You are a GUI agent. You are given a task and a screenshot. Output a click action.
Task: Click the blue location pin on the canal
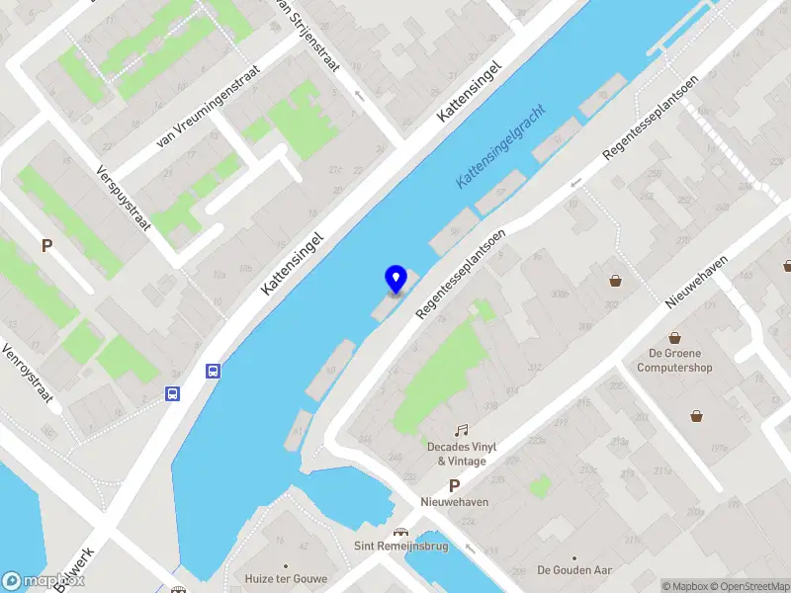(x=395, y=280)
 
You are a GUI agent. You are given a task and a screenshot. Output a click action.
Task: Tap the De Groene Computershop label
(x=674, y=361)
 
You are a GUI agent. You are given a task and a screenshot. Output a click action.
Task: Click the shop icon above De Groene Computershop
(x=674, y=338)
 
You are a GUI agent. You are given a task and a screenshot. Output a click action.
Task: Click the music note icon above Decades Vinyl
(x=461, y=430)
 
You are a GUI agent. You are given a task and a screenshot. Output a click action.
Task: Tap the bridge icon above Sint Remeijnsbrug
(x=399, y=531)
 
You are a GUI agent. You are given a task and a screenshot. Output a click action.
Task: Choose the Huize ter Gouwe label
(x=286, y=578)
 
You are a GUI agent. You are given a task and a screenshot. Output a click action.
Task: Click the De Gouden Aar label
(x=573, y=570)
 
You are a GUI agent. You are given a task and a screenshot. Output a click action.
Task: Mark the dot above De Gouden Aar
(x=573, y=556)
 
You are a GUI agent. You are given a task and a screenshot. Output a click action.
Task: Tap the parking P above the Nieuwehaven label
(x=454, y=485)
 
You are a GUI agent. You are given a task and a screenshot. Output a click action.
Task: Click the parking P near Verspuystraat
(x=45, y=245)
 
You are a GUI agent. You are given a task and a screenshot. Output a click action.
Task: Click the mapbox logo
(x=29, y=581)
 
